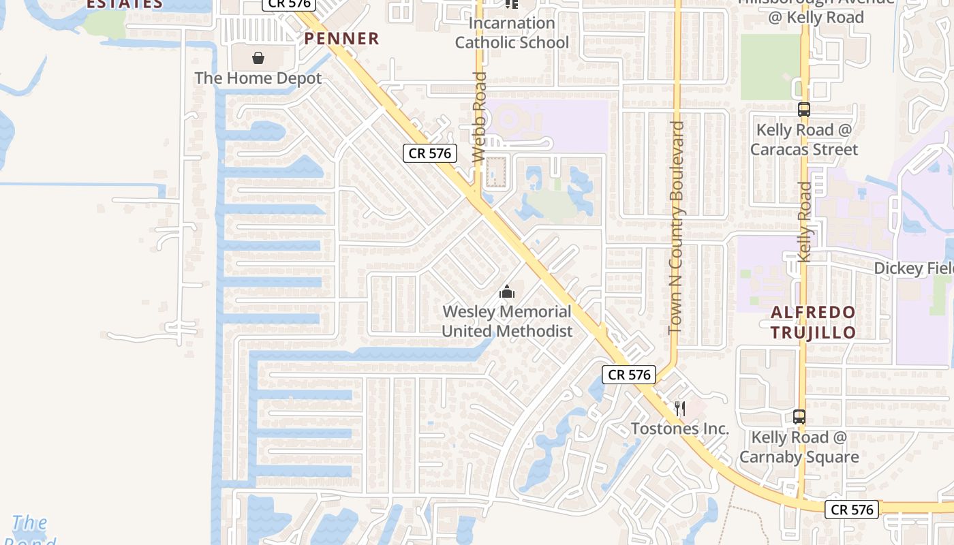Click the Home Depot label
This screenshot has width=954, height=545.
coord(258,78)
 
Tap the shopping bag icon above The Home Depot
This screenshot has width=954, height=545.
coord(258,58)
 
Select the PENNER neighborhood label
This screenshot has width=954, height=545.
coord(341,39)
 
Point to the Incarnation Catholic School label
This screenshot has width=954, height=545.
coord(512,33)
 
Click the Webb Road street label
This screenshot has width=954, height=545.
coord(479,117)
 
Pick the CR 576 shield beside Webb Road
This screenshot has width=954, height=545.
coord(429,153)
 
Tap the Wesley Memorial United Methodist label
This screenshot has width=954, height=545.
coord(507,322)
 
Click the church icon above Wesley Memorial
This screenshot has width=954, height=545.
coord(506,293)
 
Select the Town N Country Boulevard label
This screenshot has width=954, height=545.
coord(676,228)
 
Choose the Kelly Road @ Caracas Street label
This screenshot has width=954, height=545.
coord(804,140)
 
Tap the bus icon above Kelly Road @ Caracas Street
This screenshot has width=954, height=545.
coord(804,109)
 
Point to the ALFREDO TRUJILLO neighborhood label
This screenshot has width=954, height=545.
coord(813,322)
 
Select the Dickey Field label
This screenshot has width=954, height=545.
coord(913,268)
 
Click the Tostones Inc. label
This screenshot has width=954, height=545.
coord(680,429)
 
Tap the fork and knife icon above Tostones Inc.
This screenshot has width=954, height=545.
coord(680,409)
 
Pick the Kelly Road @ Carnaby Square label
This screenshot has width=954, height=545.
coord(799,447)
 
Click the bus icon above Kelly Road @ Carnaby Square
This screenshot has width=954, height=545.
coord(799,417)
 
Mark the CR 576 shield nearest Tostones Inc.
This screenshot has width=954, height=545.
coord(629,374)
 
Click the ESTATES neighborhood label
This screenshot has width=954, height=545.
coord(125,4)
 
